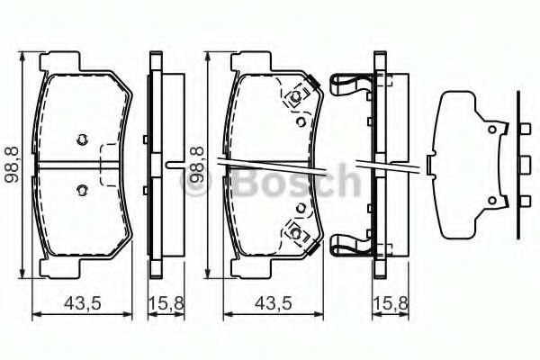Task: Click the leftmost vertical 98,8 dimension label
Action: [12, 164]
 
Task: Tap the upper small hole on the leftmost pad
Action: [82, 139]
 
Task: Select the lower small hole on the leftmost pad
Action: [82, 189]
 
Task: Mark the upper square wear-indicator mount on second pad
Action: [294, 98]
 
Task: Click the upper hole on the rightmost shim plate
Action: [491, 130]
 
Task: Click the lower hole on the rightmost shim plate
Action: [491, 200]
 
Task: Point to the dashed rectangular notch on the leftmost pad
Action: [111, 164]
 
